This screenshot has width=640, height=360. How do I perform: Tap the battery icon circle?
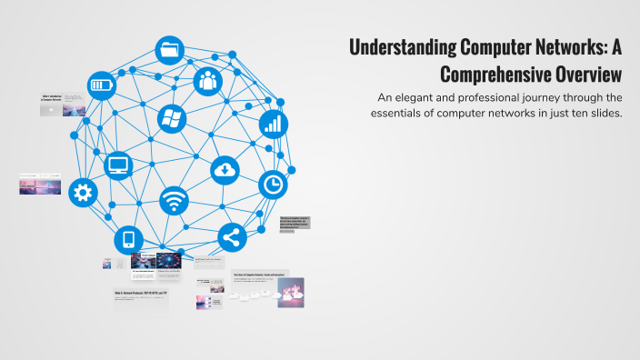[102, 86]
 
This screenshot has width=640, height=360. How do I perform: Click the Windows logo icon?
[170, 117]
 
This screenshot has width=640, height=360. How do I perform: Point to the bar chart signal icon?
[273, 124]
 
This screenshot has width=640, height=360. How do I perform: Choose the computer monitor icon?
[118, 165]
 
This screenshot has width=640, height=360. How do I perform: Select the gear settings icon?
[83, 192]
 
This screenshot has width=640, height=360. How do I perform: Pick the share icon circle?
[232, 238]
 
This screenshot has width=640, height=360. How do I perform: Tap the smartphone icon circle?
[128, 241]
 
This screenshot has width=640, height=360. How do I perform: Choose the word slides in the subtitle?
[604, 114]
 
